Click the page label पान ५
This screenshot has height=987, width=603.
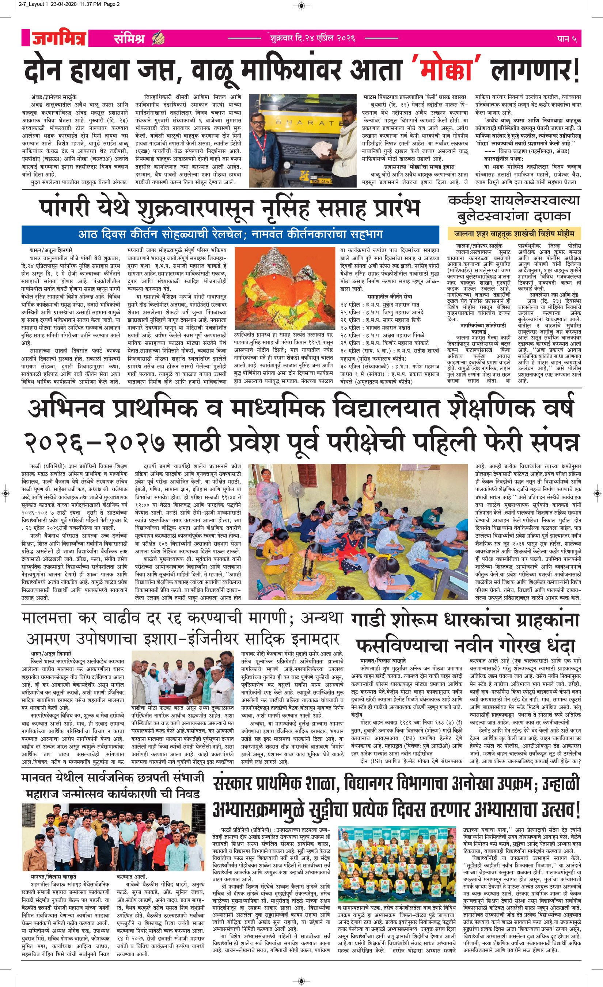[567, 39]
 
